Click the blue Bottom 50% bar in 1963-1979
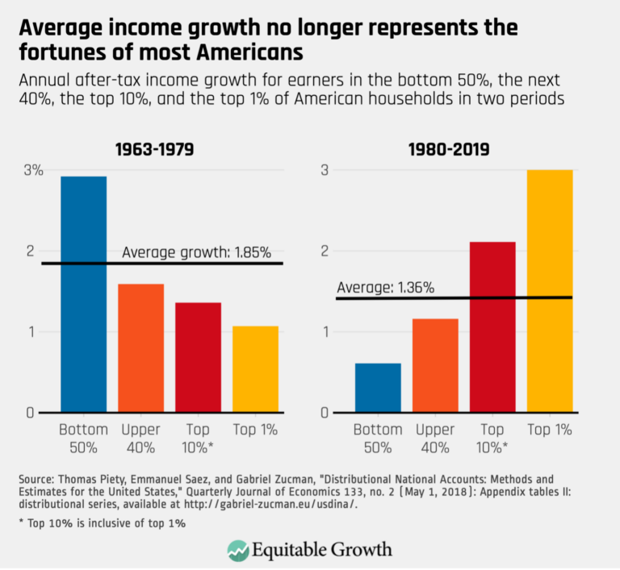(x=84, y=294)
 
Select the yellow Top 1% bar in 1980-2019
(x=550, y=291)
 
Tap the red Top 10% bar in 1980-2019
(x=492, y=327)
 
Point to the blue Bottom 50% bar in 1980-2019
(x=378, y=388)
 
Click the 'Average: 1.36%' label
(x=385, y=287)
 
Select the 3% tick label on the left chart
(x=33, y=170)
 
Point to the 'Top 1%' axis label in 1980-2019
(x=550, y=430)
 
